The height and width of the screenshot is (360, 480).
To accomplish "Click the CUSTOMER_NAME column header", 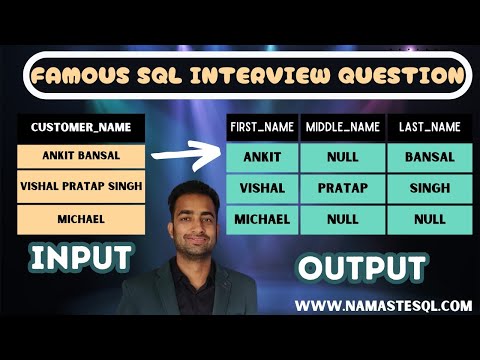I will pyautogui.click(x=81, y=128).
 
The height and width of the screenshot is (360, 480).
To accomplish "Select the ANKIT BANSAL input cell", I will pyautogui.click(x=81, y=157).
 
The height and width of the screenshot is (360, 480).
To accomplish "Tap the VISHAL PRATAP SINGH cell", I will pyautogui.click(x=81, y=187).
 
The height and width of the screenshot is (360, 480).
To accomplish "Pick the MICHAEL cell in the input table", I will pyautogui.click(x=81, y=217).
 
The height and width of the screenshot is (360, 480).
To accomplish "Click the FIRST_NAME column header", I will pyautogui.click(x=261, y=127).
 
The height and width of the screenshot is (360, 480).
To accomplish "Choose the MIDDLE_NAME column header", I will pyautogui.click(x=343, y=127).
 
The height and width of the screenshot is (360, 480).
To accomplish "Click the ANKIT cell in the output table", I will pyautogui.click(x=261, y=157).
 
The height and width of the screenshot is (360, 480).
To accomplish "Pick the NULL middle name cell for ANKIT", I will pyautogui.click(x=343, y=157).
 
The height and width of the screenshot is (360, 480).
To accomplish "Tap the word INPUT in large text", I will pyautogui.click(x=80, y=257).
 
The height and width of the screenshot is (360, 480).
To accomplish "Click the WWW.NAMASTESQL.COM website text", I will pyautogui.click(x=386, y=306).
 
